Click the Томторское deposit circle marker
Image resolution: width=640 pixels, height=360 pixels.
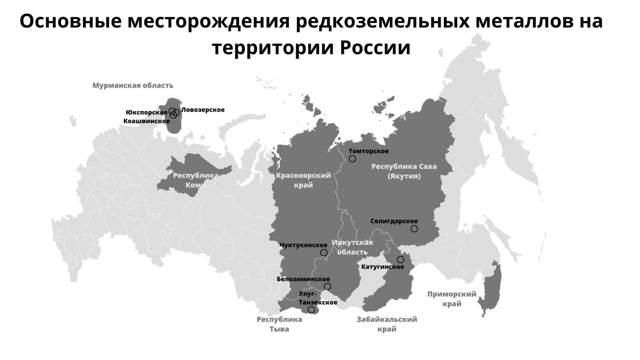352,159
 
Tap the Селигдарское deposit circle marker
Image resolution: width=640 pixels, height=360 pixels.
414,229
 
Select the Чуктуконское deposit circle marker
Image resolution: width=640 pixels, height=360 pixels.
324,252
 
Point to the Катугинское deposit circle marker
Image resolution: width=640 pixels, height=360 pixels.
400,260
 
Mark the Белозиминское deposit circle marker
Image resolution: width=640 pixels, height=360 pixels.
327,286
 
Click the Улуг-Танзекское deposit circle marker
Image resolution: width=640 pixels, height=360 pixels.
311,310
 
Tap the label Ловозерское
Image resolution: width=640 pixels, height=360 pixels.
203,110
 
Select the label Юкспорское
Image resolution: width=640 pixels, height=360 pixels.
146,112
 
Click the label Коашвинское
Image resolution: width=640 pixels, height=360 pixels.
146,121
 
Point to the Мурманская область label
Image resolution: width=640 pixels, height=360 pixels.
133,85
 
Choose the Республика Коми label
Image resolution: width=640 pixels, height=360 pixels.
196,180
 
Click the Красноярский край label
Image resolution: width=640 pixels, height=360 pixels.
303,180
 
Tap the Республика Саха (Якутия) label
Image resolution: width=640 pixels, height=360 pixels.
404,171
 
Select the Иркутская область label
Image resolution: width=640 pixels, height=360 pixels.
352,247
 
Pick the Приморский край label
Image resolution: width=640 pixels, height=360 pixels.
452,299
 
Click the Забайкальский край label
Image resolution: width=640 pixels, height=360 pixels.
387,324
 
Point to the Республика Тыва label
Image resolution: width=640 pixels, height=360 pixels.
279,324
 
